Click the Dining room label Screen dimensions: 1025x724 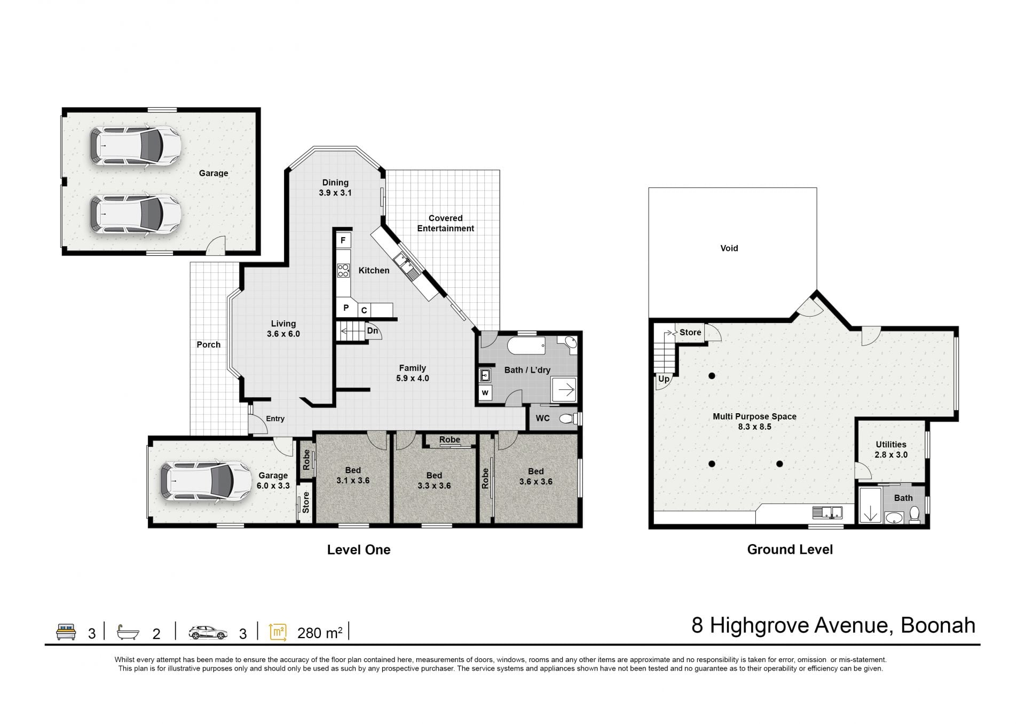(x=335, y=183)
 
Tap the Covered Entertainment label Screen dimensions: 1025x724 (x=446, y=223)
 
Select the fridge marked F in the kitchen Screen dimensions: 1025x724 (x=343, y=240)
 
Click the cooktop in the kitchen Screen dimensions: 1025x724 (x=343, y=271)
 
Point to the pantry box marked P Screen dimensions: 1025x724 (x=346, y=308)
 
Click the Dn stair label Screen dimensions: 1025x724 (x=373, y=331)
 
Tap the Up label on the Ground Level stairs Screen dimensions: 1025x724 (x=664, y=379)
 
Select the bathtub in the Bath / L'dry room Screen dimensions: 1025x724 (x=526, y=345)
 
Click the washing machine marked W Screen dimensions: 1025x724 (x=485, y=393)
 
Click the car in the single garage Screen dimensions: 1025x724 (x=206, y=482)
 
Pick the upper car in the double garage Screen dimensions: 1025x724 (x=135, y=146)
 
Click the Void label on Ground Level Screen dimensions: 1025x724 (x=729, y=248)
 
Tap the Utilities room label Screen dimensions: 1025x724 (x=891, y=445)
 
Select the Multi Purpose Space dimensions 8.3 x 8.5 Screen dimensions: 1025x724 (x=754, y=427)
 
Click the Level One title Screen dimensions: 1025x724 (x=359, y=550)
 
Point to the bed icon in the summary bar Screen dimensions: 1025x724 (x=66, y=632)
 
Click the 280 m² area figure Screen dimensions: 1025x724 (x=320, y=633)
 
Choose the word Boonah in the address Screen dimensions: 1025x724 (x=938, y=625)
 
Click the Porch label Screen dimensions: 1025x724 (x=209, y=345)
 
